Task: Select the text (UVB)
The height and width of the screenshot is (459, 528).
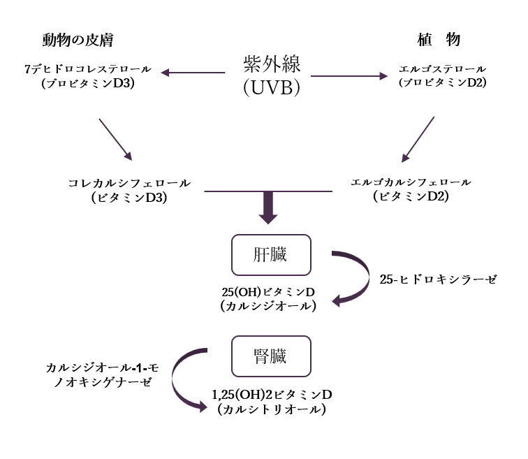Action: tap(271, 88)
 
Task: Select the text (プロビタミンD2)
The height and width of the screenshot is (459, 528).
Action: tap(442, 82)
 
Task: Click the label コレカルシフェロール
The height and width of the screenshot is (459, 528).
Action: tap(129, 183)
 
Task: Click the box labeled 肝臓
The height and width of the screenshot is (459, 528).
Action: tap(270, 255)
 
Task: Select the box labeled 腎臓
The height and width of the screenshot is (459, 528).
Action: tap(270, 356)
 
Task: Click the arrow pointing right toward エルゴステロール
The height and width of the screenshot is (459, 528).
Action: tap(349, 75)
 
